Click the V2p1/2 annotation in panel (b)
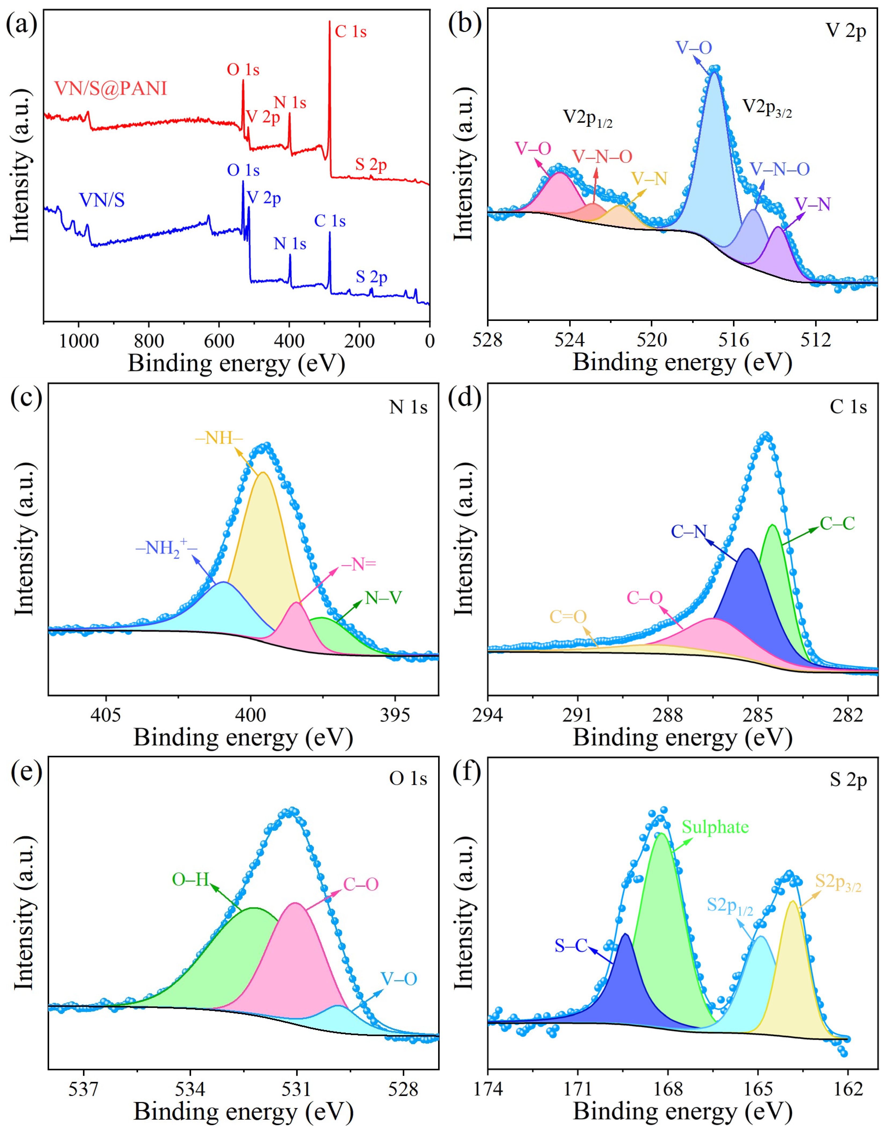click(588, 119)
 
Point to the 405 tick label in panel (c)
click(106, 715)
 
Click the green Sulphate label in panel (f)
click(715, 827)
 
